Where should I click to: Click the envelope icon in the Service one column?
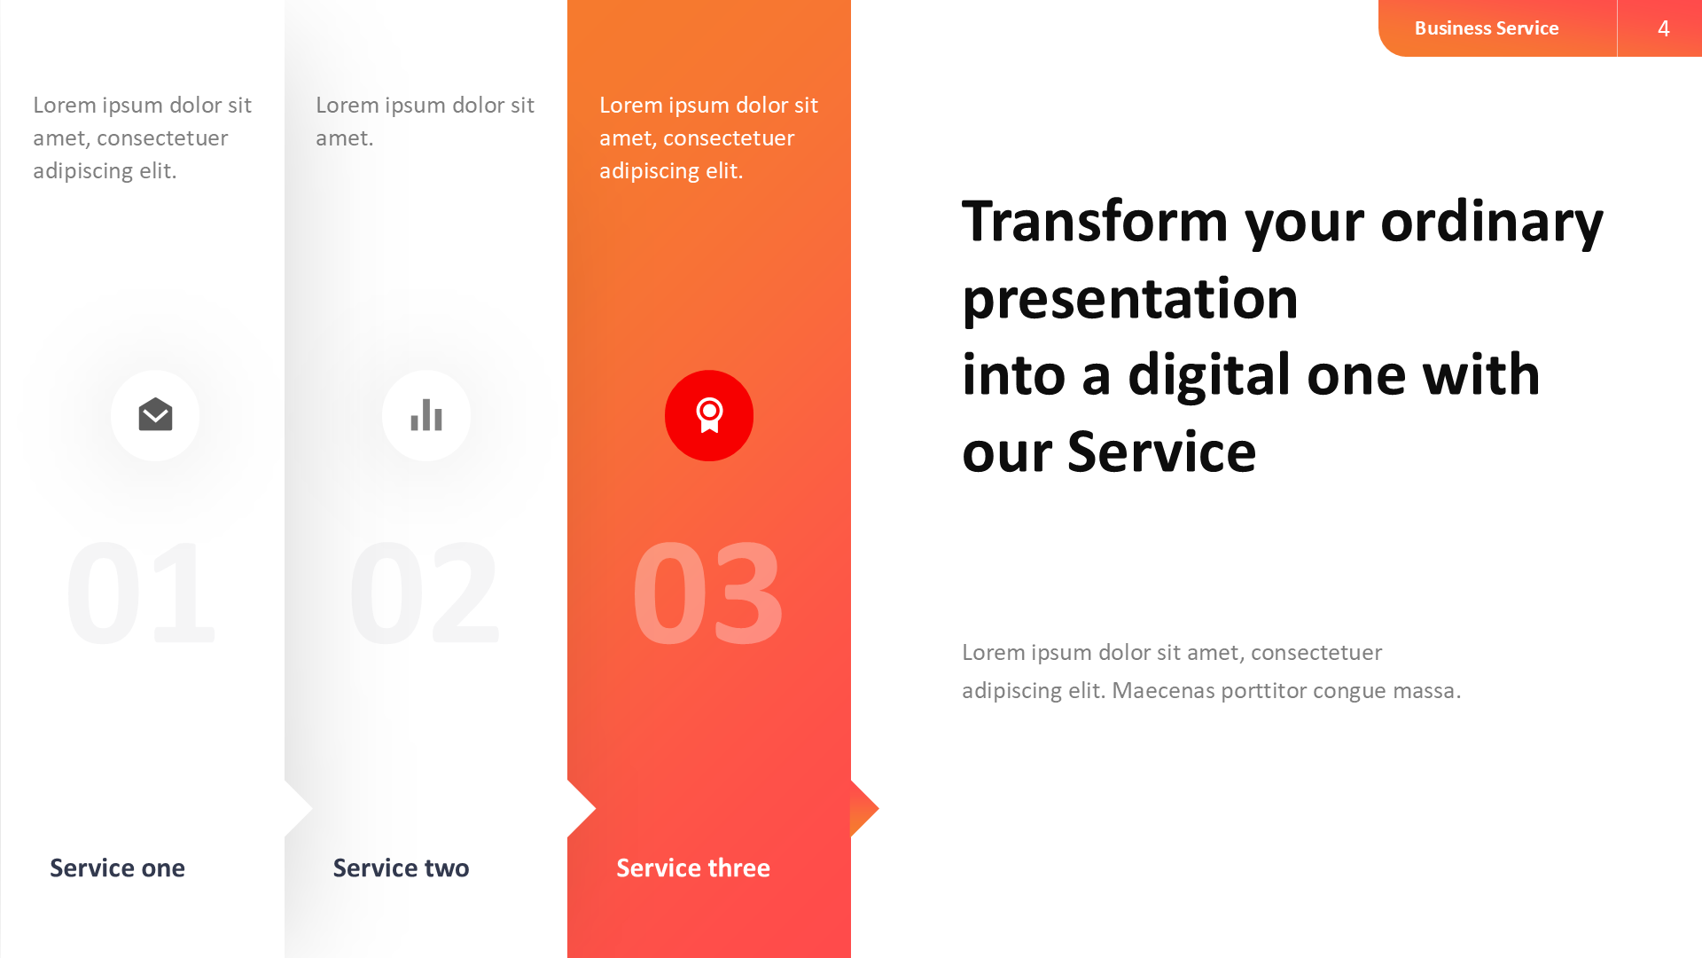155,415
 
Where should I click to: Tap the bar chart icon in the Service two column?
426,415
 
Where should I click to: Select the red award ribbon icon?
709,415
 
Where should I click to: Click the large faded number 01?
142,593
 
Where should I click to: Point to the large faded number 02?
425,593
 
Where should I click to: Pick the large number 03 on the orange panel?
707,593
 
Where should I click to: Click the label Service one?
117,868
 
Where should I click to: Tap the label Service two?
401,868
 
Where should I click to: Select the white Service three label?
693,868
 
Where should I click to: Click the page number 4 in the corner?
1663,28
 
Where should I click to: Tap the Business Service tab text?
1487,28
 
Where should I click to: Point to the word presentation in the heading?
1130,299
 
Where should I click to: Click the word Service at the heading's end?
1161,452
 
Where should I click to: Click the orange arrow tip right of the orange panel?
864,808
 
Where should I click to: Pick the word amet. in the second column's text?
344,138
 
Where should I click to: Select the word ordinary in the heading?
1492,222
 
